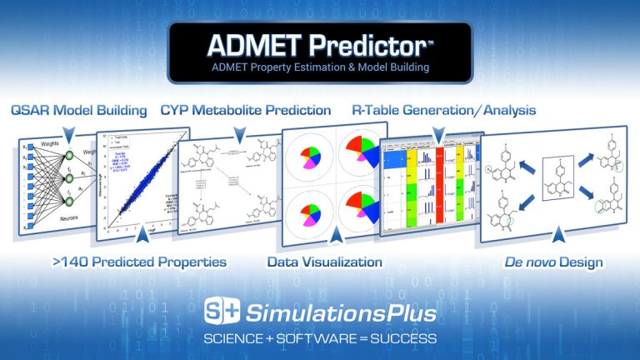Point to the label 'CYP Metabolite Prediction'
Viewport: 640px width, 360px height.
point(245,110)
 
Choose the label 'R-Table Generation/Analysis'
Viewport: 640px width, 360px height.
point(444,110)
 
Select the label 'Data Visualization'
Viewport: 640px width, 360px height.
point(324,262)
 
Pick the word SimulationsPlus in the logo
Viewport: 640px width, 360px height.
point(342,313)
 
